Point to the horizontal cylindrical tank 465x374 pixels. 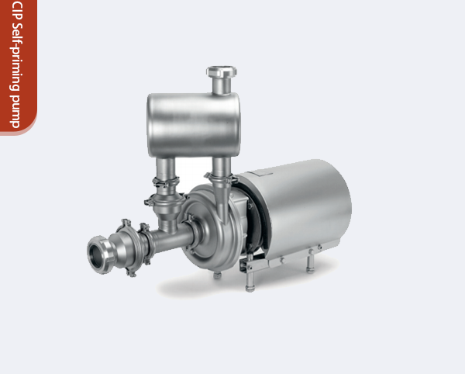(x=194, y=124)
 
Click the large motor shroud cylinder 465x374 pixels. (x=302, y=206)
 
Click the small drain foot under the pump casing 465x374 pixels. (x=218, y=274)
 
